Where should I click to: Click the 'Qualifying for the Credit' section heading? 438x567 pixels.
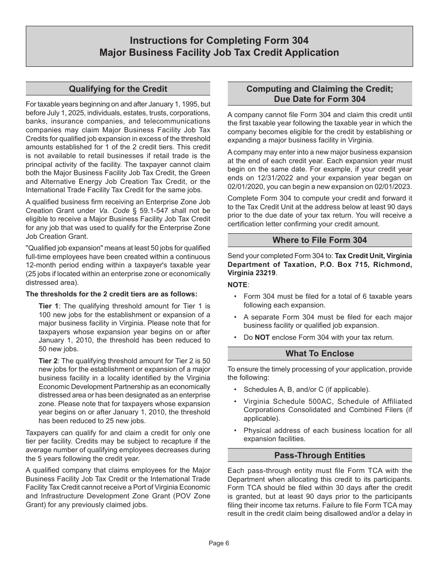[118, 89]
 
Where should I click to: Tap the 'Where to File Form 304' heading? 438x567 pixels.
[320, 240]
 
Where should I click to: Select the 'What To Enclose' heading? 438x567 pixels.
[320, 354]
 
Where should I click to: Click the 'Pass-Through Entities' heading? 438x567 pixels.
[320, 455]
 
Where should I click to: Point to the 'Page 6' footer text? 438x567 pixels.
[219, 543]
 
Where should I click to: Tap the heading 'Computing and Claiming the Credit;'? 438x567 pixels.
[320, 89]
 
